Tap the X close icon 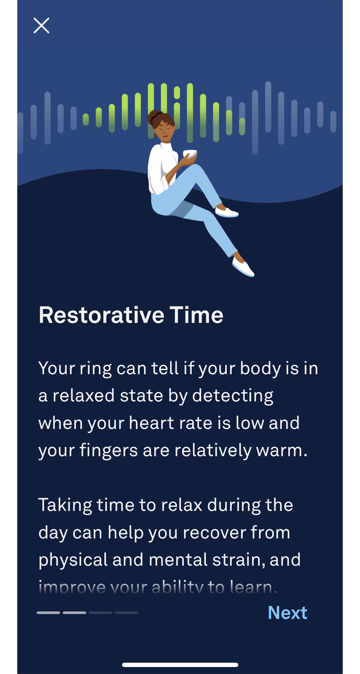pos(41,26)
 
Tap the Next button pos(287,613)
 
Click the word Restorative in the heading pos(101,315)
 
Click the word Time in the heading pos(197,315)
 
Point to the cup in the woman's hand pos(190,154)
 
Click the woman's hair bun pos(154,116)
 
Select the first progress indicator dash pos(49,613)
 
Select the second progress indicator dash pos(74,613)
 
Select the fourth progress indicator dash pos(127,613)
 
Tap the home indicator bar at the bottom pos(180,665)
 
